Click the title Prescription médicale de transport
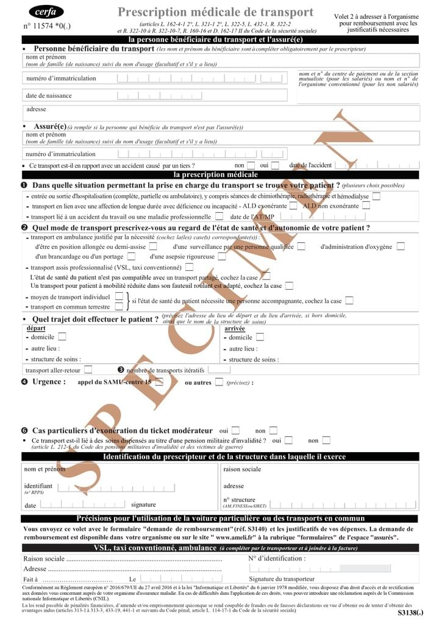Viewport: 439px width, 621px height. pyautogui.click(x=215, y=12)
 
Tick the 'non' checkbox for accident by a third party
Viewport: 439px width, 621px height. pyautogui.click(x=251, y=165)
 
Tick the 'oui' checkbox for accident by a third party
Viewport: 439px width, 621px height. pyautogui.click(x=275, y=165)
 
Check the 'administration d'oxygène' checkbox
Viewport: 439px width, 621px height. pyautogui.click(x=401, y=246)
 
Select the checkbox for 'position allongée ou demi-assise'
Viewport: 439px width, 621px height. pyautogui.click(x=153, y=246)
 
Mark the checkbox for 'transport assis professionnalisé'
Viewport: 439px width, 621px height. pyautogui.click(x=190, y=267)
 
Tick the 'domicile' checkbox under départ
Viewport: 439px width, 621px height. pyautogui.click(x=62, y=337)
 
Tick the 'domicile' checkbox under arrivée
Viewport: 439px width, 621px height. pyautogui.click(x=260, y=337)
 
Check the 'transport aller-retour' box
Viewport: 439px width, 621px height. pyautogui.click(x=88, y=369)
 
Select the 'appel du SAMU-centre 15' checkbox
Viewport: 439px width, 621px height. pyautogui.click(x=160, y=382)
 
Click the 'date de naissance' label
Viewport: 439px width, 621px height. pyautogui.click(x=49, y=96)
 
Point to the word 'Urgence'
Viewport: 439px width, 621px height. pyautogui.click(x=49, y=382)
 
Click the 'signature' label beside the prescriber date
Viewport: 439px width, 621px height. pyautogui.click(x=143, y=504)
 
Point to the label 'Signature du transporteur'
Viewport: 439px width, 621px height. pyautogui.click(x=282, y=579)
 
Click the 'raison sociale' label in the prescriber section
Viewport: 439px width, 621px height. pyautogui.click(x=242, y=469)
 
